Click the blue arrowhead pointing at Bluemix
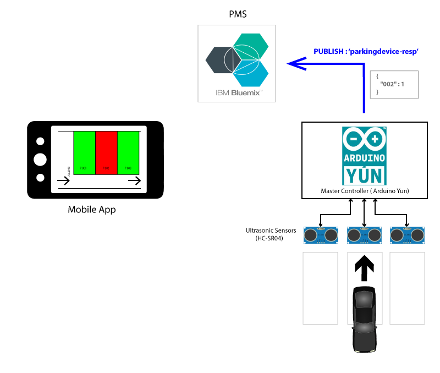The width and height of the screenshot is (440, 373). tap(298, 64)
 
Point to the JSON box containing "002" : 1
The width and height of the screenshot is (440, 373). tap(394, 85)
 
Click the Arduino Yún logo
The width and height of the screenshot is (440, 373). tap(364, 156)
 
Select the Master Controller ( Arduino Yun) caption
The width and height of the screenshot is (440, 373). tap(365, 191)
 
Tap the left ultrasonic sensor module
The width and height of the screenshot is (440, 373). tap(321, 235)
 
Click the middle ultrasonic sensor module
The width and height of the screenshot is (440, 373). tap(364, 235)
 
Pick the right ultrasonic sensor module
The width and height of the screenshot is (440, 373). tap(407, 235)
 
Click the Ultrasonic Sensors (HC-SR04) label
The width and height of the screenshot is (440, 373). tap(271, 234)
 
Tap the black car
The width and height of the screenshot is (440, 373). tap(364, 319)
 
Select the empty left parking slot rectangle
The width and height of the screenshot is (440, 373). tap(321, 288)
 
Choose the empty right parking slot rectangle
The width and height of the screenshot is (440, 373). tap(407, 288)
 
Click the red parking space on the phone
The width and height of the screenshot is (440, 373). tap(106, 153)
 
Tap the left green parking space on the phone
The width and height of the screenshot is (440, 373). tap(85, 153)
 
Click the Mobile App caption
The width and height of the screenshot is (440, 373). tap(92, 210)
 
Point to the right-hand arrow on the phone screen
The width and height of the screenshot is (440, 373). tap(134, 181)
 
